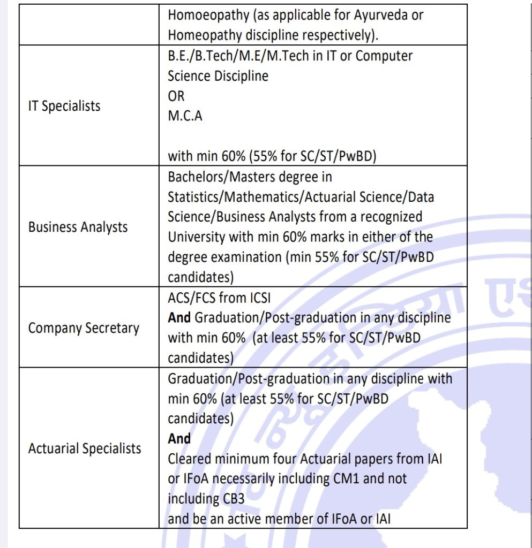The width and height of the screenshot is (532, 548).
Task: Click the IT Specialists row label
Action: (x=64, y=106)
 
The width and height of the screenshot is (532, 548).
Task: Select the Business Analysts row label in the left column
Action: (x=78, y=227)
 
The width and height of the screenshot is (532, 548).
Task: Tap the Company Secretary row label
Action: (x=84, y=328)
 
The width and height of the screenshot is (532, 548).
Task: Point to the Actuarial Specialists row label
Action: (x=85, y=448)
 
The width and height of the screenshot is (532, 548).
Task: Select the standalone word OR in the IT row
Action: (x=176, y=96)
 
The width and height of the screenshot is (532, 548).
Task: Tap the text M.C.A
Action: (x=185, y=116)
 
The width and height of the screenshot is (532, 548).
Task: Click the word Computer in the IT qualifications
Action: (x=385, y=56)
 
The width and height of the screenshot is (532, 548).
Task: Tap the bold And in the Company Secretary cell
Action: (x=179, y=318)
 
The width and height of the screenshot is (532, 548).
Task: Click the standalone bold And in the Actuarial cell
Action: (x=179, y=439)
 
